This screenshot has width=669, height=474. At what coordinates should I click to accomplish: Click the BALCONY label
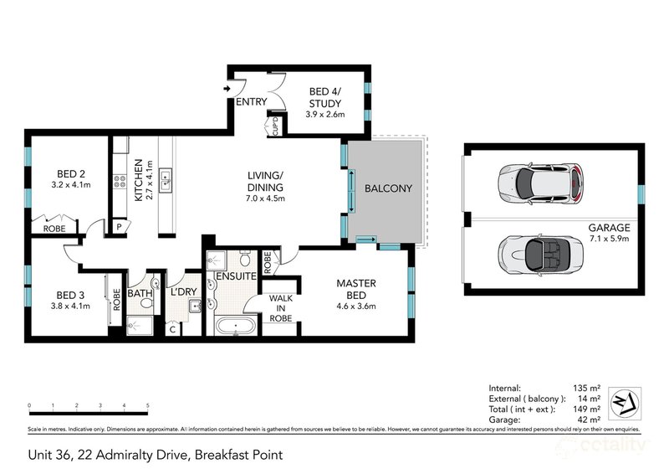pyautogui.click(x=388, y=189)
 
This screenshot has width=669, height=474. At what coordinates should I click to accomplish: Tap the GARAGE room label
pyautogui.click(x=608, y=228)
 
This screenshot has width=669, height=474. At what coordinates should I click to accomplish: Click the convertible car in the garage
pyautogui.click(x=539, y=250)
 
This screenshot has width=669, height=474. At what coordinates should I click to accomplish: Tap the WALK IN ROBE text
pyautogui.click(x=278, y=307)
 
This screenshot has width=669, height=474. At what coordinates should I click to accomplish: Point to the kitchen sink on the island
pyautogui.click(x=166, y=177)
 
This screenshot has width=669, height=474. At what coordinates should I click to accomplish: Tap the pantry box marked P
pyautogui.click(x=119, y=226)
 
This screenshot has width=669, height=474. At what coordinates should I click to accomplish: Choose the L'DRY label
pyautogui.click(x=182, y=293)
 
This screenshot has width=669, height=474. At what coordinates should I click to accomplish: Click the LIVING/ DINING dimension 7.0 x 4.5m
pyautogui.click(x=266, y=198)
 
